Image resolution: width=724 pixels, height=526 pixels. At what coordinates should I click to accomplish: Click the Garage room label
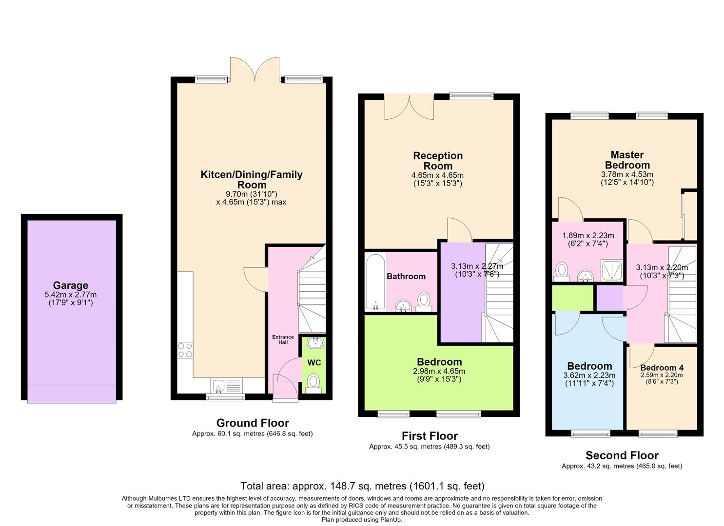[71, 285]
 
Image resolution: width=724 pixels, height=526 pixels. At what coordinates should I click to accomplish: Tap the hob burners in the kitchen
[185, 350]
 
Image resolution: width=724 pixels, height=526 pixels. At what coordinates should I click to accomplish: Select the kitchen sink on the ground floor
[226, 385]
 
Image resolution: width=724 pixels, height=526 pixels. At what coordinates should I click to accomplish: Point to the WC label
[314, 363]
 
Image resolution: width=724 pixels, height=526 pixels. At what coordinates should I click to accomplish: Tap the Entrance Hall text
[283, 339]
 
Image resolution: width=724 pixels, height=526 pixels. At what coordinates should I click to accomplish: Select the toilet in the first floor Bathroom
[423, 301]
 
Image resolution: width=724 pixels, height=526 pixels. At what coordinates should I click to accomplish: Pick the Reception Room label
[438, 161]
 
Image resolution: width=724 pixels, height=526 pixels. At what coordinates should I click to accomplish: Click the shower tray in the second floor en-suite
[611, 270]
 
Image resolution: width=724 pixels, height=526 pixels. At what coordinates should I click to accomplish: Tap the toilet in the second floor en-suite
[562, 272]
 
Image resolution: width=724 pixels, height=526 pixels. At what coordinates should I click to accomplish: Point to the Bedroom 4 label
[662, 368]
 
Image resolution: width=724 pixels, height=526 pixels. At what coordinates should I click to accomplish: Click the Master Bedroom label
[627, 160]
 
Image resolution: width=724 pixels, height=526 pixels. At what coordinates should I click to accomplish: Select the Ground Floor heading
[253, 423]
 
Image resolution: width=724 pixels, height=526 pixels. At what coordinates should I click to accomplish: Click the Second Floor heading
[622, 455]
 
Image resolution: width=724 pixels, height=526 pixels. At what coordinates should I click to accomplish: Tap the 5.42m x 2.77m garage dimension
[71, 295]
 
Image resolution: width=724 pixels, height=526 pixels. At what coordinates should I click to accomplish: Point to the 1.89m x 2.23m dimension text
[588, 236]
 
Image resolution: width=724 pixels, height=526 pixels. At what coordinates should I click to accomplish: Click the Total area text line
[362, 486]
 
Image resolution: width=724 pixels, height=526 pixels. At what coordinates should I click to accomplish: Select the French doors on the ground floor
[254, 69]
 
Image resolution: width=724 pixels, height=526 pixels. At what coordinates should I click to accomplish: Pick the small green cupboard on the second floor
[572, 298]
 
